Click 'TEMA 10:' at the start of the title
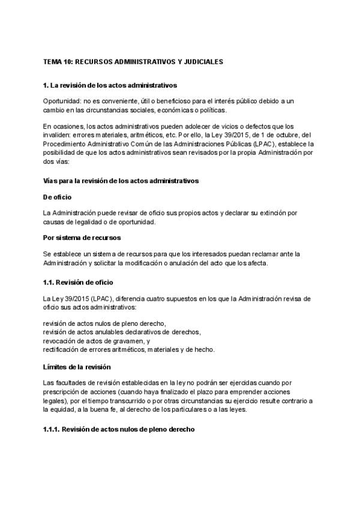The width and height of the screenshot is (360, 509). (x=57, y=61)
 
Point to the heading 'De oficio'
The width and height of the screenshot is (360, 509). (x=58, y=196)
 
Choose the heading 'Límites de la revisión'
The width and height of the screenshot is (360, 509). (x=77, y=367)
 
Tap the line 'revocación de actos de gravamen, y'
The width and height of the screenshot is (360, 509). (x=97, y=340)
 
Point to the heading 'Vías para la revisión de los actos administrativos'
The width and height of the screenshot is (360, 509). (x=121, y=180)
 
